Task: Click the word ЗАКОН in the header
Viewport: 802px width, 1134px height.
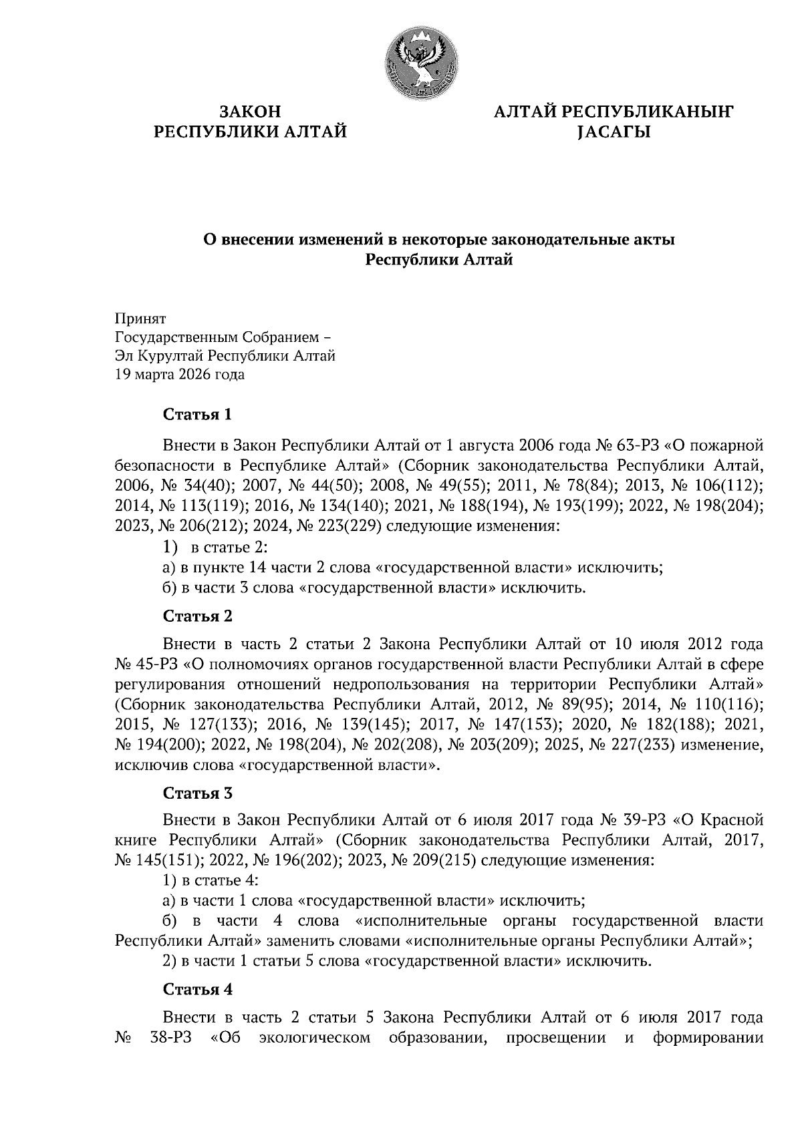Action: coord(251,112)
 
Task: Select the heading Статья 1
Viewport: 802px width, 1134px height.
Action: coord(198,415)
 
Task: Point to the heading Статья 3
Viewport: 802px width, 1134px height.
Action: coord(198,793)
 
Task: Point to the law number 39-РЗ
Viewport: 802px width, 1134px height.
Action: coord(642,819)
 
